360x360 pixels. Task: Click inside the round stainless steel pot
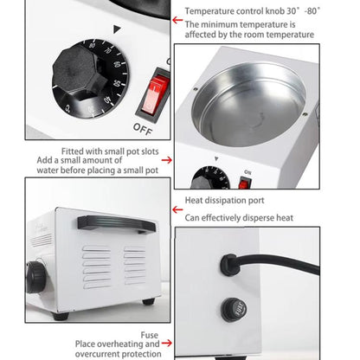click(x=248, y=102)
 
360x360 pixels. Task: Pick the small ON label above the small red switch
click(x=246, y=171)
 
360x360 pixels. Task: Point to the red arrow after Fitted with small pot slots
click(x=166, y=159)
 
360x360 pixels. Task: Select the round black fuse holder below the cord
click(x=232, y=308)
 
